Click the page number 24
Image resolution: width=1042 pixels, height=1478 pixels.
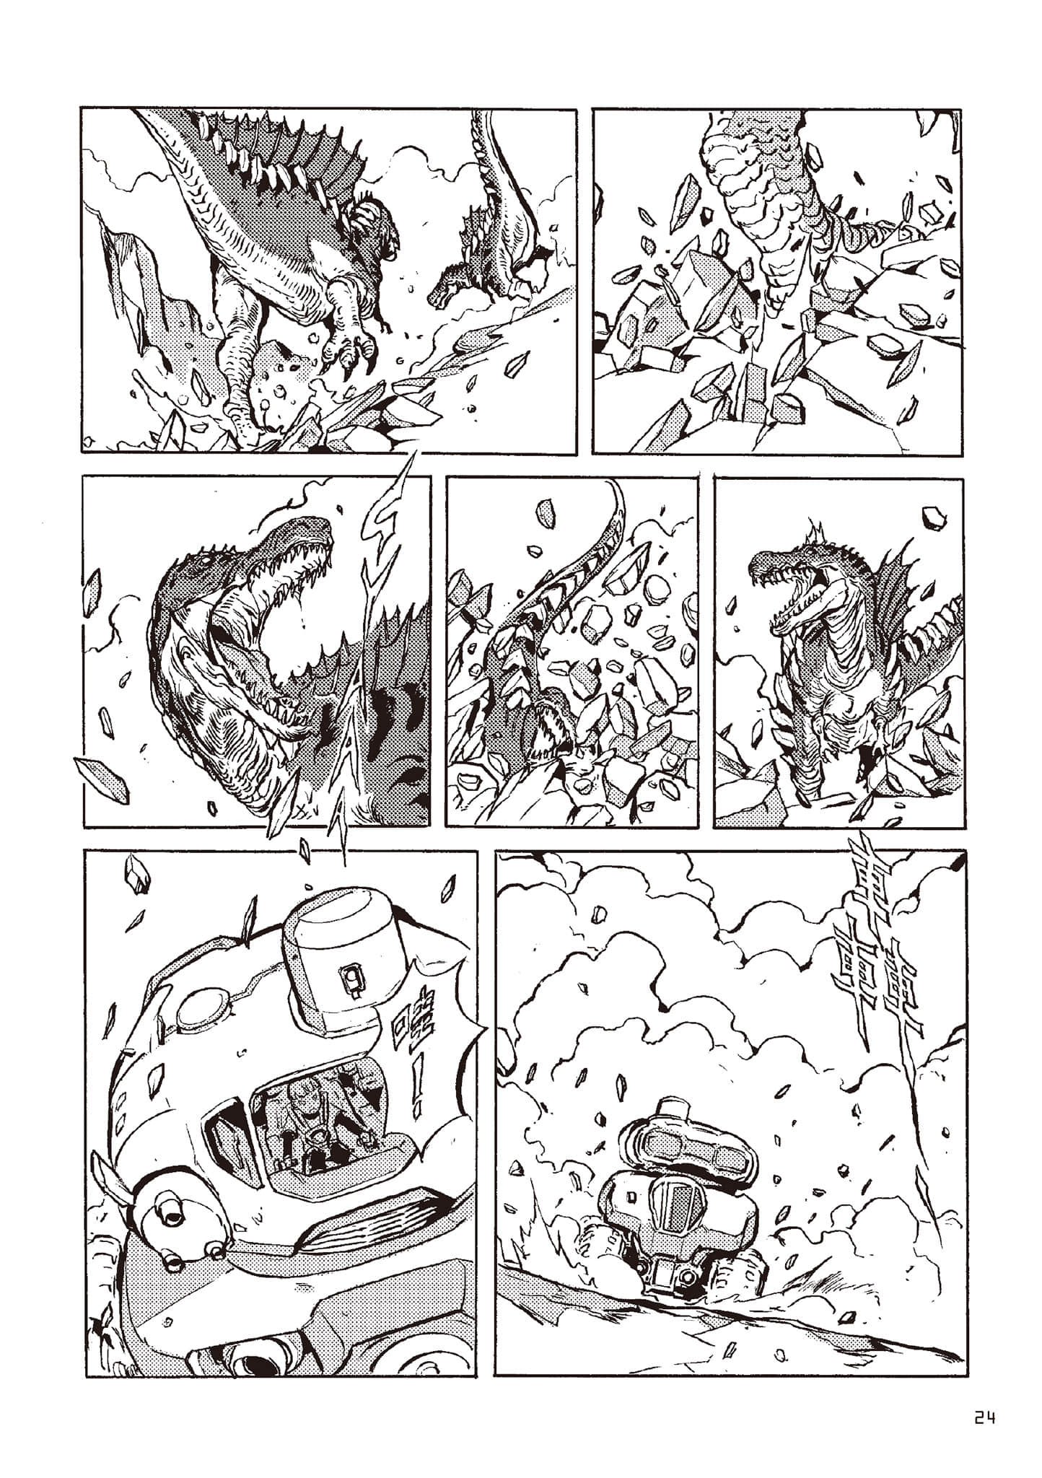point(984,1420)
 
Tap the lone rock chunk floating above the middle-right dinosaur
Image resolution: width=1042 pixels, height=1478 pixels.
point(933,517)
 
